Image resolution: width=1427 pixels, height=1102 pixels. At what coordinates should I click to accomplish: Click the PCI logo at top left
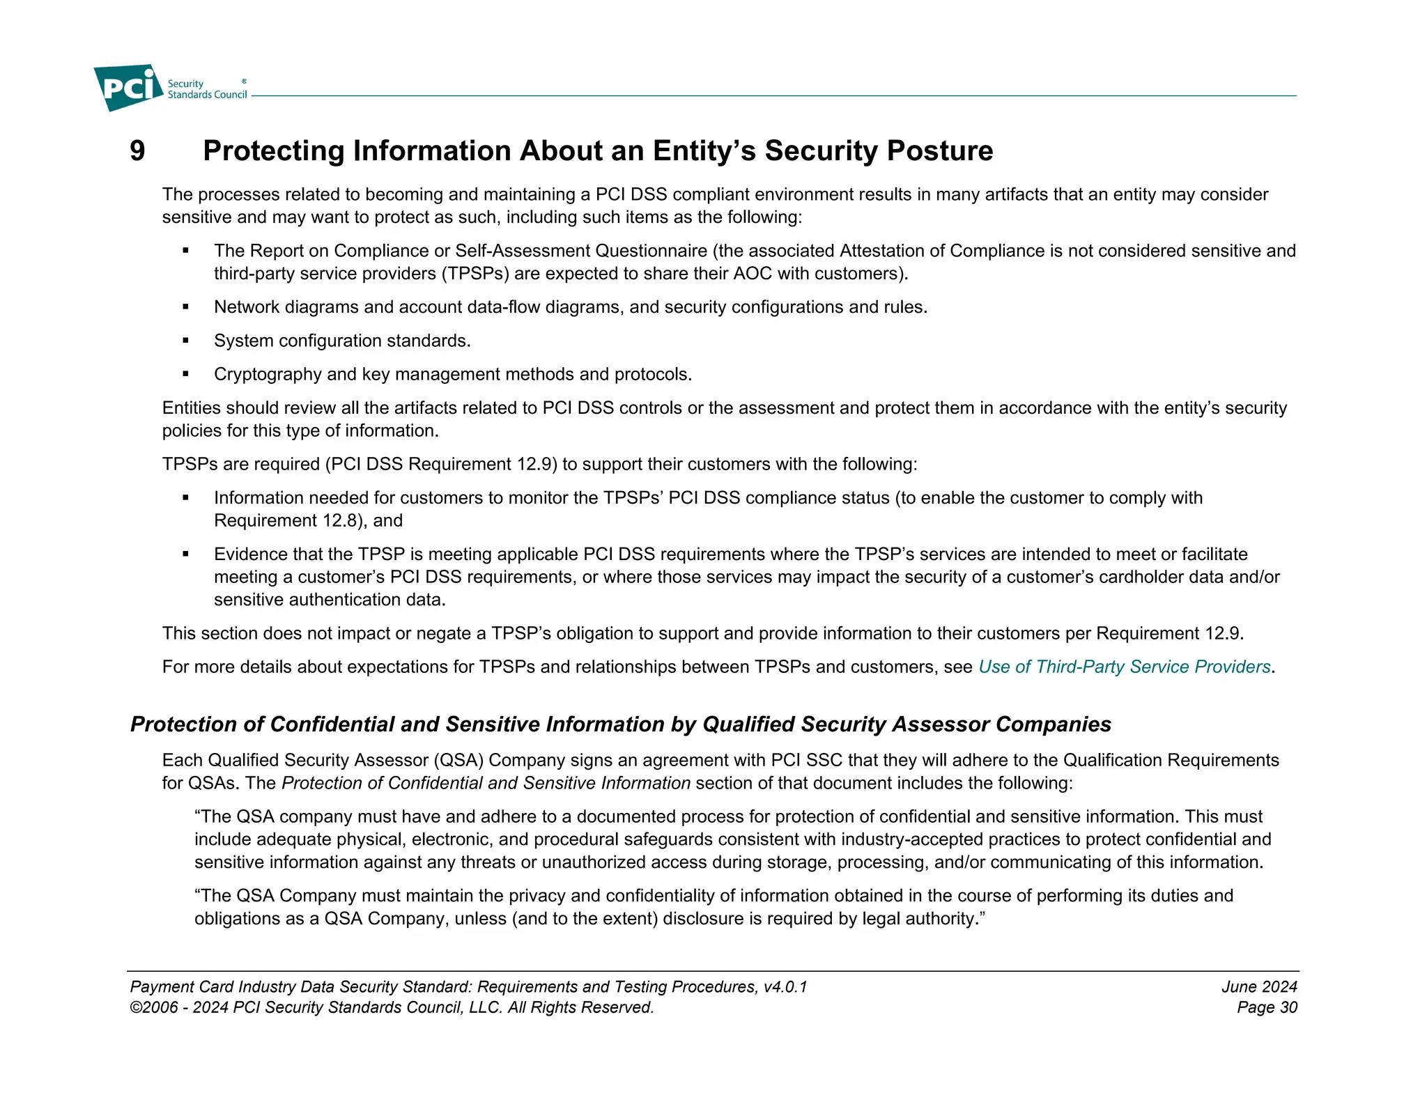click(128, 87)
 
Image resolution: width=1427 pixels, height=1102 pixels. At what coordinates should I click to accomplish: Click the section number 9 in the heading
click(137, 151)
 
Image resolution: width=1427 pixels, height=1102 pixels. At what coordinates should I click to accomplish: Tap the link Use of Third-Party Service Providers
click(1124, 667)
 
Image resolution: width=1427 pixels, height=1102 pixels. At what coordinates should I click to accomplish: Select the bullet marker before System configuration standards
click(186, 341)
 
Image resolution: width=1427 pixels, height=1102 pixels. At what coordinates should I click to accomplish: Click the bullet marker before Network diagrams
click(186, 307)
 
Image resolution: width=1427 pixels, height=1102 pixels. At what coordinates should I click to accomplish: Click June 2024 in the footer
click(1258, 986)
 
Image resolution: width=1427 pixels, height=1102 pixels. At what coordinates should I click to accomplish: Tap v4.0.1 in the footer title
click(785, 986)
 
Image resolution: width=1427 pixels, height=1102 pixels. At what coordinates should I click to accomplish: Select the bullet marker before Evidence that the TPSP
click(186, 554)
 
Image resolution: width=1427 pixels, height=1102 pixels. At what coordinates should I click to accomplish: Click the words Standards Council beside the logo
click(207, 95)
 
